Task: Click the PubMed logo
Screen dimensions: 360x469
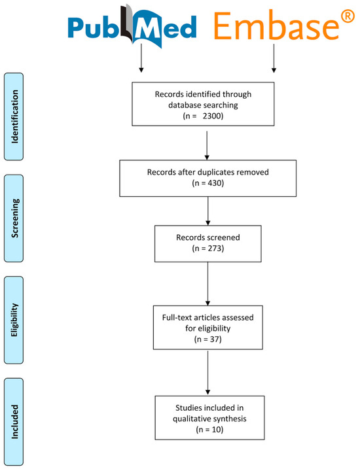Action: tap(132, 26)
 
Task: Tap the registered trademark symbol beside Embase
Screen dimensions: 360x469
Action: tap(348, 17)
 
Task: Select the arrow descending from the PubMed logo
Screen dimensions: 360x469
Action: tap(141, 58)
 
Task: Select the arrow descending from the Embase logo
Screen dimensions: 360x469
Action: tap(274, 58)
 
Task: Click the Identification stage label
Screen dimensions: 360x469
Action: tap(14, 116)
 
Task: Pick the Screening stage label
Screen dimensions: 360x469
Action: tap(14, 218)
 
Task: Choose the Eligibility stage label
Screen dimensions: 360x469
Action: tap(14, 320)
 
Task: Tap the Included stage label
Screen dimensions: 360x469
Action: tap(14, 422)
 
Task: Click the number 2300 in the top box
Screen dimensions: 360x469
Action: tap(212, 116)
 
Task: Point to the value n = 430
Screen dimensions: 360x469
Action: tap(208, 182)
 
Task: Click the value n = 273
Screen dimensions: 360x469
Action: tap(208, 249)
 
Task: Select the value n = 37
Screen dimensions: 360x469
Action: tap(208, 339)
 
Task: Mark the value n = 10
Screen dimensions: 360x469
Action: tap(209, 430)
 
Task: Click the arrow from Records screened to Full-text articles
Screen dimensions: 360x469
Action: tap(207, 284)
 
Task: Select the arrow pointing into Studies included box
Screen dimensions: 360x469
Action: tap(207, 373)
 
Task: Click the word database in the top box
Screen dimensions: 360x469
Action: tap(185, 105)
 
